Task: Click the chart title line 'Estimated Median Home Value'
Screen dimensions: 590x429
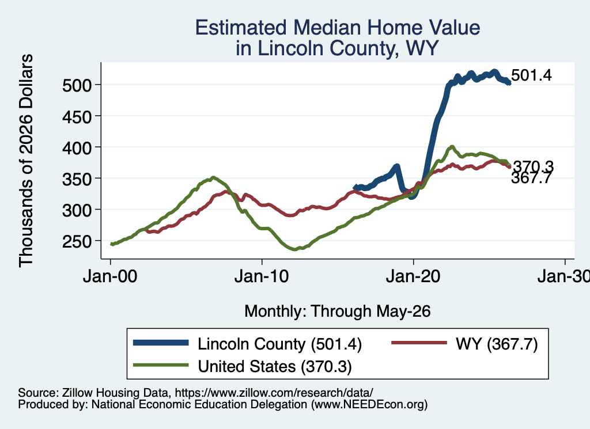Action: point(338,28)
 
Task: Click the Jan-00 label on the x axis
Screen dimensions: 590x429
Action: point(110,276)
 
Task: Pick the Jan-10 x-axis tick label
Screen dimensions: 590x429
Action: point(262,276)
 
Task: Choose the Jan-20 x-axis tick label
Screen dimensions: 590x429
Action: point(413,276)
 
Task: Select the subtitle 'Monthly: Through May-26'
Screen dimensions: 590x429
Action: point(338,312)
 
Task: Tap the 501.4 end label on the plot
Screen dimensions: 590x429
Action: point(531,75)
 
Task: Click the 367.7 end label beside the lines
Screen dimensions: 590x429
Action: point(531,178)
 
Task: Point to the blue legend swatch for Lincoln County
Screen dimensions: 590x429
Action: point(161,343)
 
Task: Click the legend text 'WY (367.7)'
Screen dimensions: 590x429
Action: point(497,344)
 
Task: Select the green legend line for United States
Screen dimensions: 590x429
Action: point(161,365)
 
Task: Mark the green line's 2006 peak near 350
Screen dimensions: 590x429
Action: point(213,177)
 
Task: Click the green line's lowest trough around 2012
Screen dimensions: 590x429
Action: point(294,249)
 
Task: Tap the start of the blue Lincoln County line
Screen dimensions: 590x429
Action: point(354,187)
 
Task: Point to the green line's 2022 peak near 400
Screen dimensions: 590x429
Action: point(452,147)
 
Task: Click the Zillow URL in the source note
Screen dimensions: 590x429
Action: point(274,393)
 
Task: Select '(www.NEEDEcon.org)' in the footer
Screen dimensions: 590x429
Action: point(369,404)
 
